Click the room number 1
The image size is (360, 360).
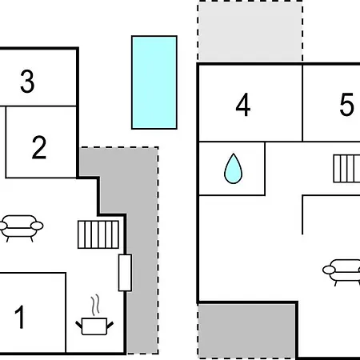20,317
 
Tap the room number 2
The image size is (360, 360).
39,147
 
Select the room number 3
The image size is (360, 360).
27,82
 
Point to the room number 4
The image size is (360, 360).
243,105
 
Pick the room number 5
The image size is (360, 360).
346,105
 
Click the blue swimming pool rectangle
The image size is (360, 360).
154,82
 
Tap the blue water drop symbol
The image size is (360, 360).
234,169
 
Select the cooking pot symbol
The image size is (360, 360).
94,326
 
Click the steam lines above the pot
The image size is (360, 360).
95,305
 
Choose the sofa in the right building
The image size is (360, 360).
342,272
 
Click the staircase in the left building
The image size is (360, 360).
98,234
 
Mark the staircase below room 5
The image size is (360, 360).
346,169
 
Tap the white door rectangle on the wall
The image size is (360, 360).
125,273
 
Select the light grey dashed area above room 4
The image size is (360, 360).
250,31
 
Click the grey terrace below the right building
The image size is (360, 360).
246,330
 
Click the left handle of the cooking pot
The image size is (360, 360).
78,325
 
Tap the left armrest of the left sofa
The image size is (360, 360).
2,226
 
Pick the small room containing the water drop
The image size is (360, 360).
232,169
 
